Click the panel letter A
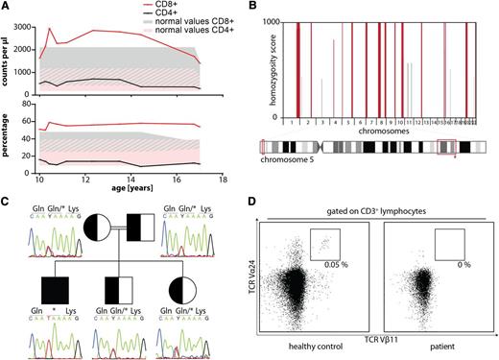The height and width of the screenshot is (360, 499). (6, 7)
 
